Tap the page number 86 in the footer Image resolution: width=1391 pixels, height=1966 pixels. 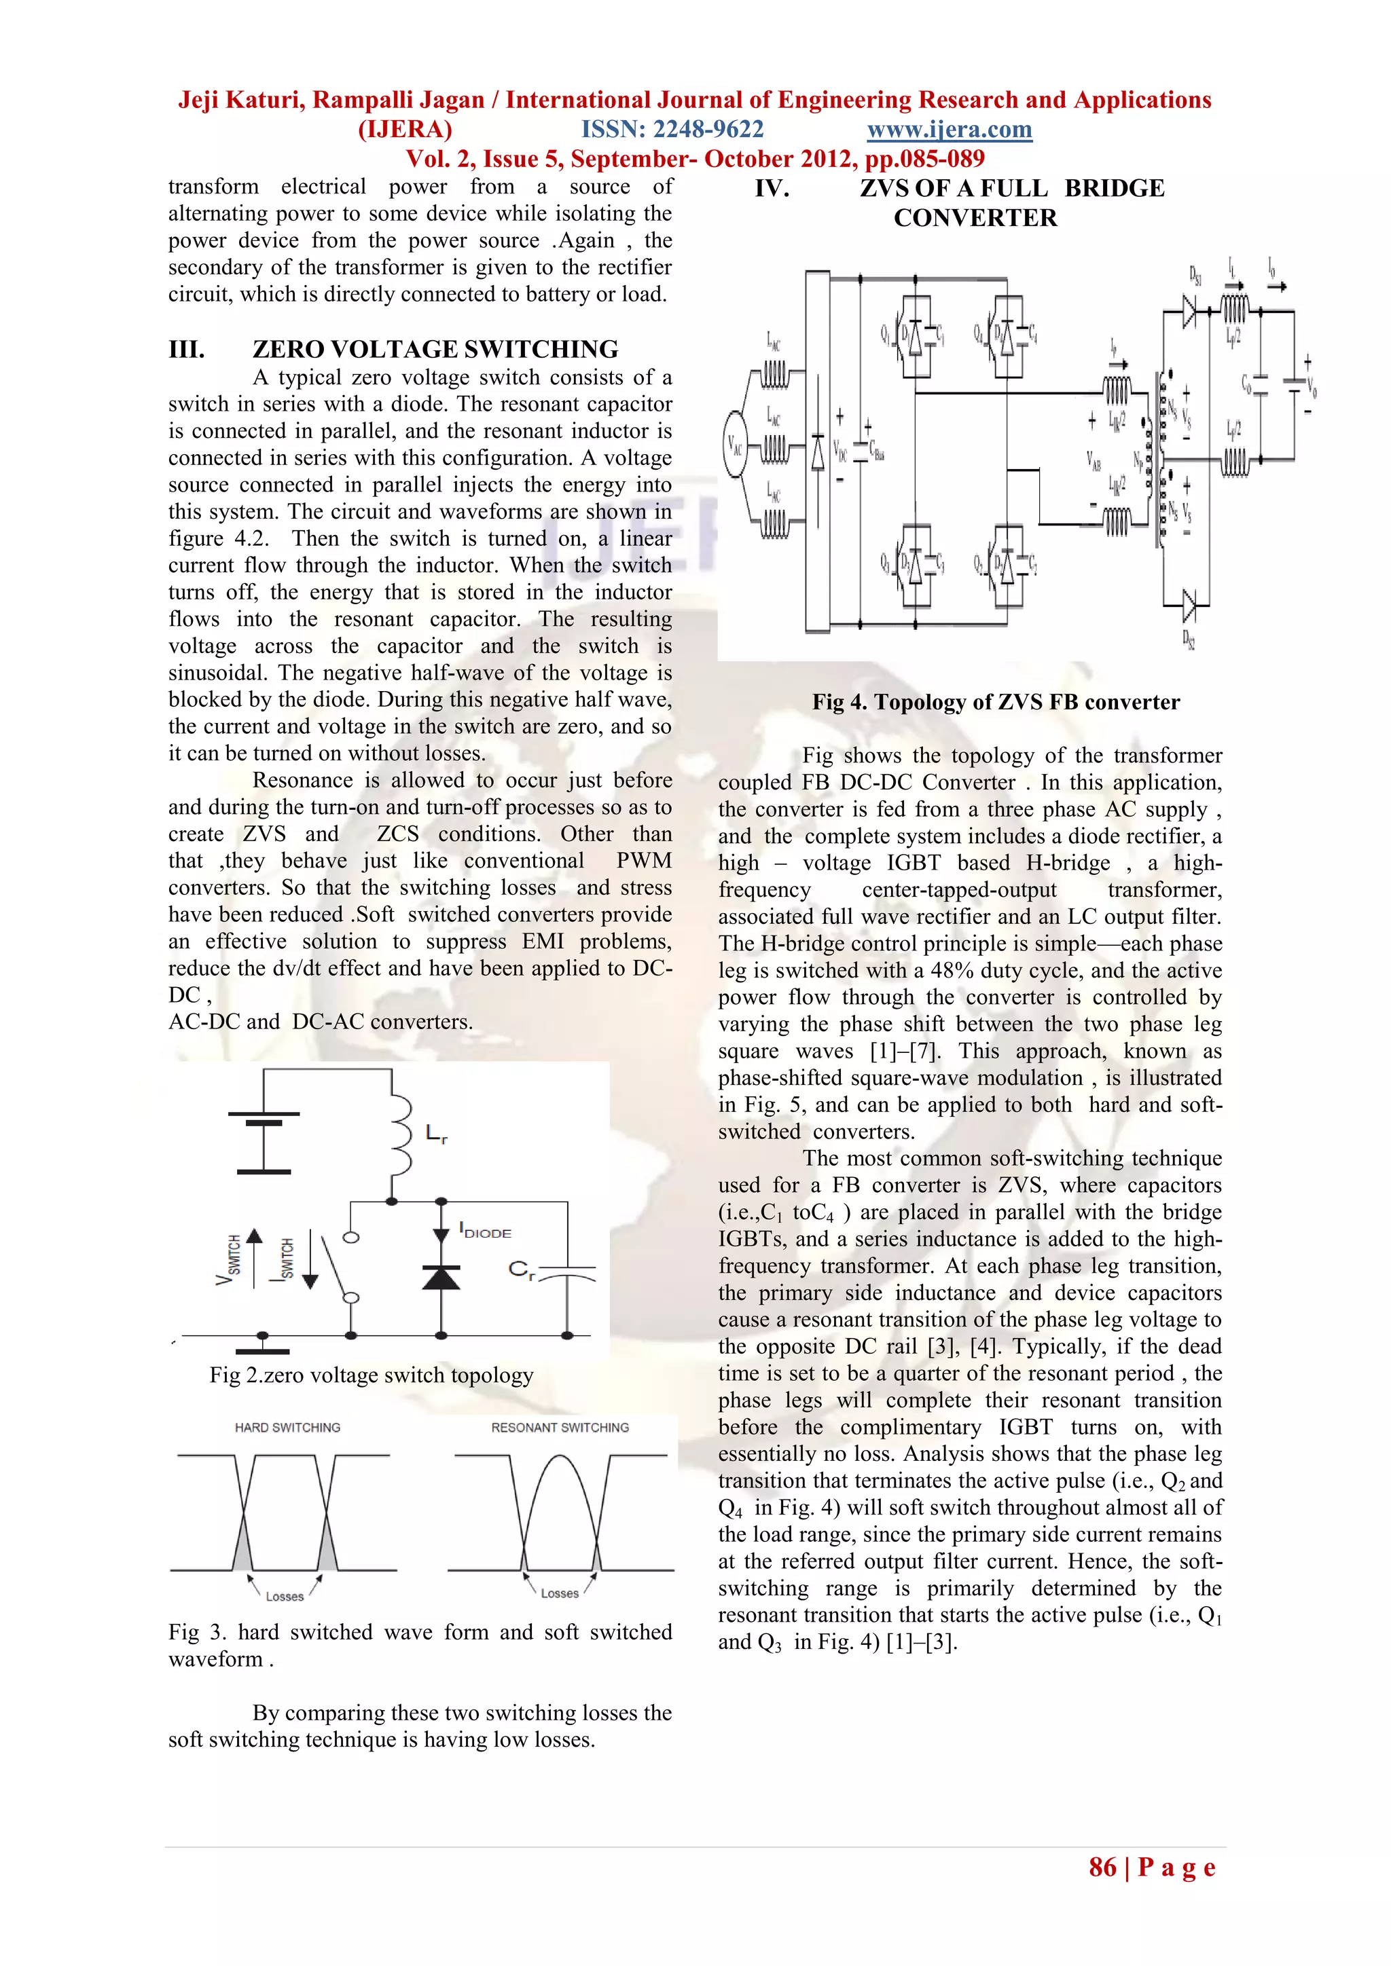click(x=1102, y=1867)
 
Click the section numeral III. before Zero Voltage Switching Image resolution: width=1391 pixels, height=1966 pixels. click(x=187, y=350)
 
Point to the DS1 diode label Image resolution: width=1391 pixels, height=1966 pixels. click(x=1195, y=275)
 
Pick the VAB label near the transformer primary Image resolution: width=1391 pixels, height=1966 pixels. click(x=1094, y=461)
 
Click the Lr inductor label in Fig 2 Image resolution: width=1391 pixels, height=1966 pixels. click(x=437, y=1134)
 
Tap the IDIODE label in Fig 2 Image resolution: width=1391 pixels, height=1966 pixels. click(x=486, y=1231)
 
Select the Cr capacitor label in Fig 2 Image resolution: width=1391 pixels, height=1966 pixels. click(x=522, y=1271)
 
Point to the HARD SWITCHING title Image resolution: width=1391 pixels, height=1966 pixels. click(x=288, y=1428)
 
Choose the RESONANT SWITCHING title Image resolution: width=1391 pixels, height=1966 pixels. click(x=560, y=1428)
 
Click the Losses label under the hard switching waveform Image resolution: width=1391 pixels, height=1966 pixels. click(x=285, y=1596)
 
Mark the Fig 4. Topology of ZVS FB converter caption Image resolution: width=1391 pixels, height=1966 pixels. click(x=995, y=702)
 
